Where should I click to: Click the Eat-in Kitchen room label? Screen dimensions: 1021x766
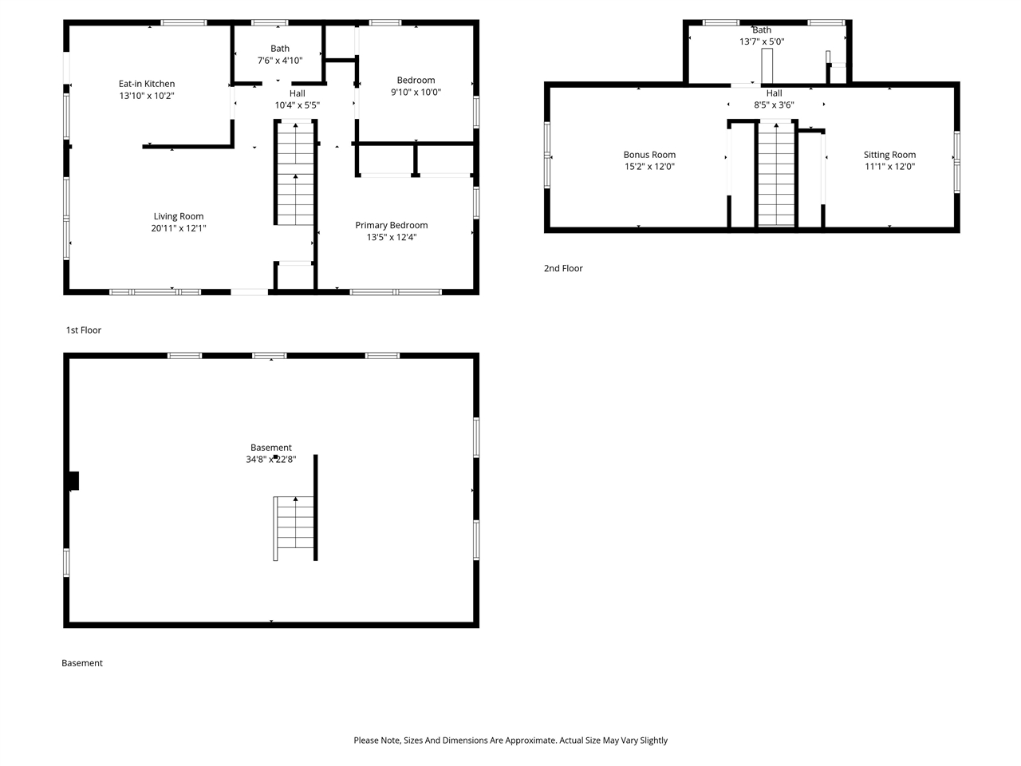point(147,84)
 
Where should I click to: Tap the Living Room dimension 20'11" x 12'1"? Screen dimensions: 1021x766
point(179,228)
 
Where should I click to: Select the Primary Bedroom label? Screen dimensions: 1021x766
point(391,225)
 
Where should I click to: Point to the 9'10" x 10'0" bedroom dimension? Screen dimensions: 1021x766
point(416,92)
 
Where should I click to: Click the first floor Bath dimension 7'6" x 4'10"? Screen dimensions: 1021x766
point(280,61)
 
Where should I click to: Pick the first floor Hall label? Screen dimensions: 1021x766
point(298,93)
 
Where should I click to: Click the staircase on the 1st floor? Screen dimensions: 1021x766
point(295,173)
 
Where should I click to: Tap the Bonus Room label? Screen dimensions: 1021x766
point(649,155)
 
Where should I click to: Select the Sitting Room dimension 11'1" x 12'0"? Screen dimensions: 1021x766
point(889,167)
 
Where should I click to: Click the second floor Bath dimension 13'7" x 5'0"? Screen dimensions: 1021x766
point(762,41)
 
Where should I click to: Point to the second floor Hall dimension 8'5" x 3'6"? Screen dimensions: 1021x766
point(774,105)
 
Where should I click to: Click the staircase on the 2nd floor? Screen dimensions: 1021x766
point(776,175)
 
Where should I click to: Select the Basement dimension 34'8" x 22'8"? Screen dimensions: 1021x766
point(271,460)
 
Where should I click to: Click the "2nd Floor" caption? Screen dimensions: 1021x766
point(563,268)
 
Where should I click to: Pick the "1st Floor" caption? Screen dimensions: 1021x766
point(84,330)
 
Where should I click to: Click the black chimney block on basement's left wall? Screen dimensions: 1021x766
point(74,481)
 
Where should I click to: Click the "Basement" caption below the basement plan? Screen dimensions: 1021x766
point(82,663)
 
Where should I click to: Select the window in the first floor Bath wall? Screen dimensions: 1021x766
point(270,22)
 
